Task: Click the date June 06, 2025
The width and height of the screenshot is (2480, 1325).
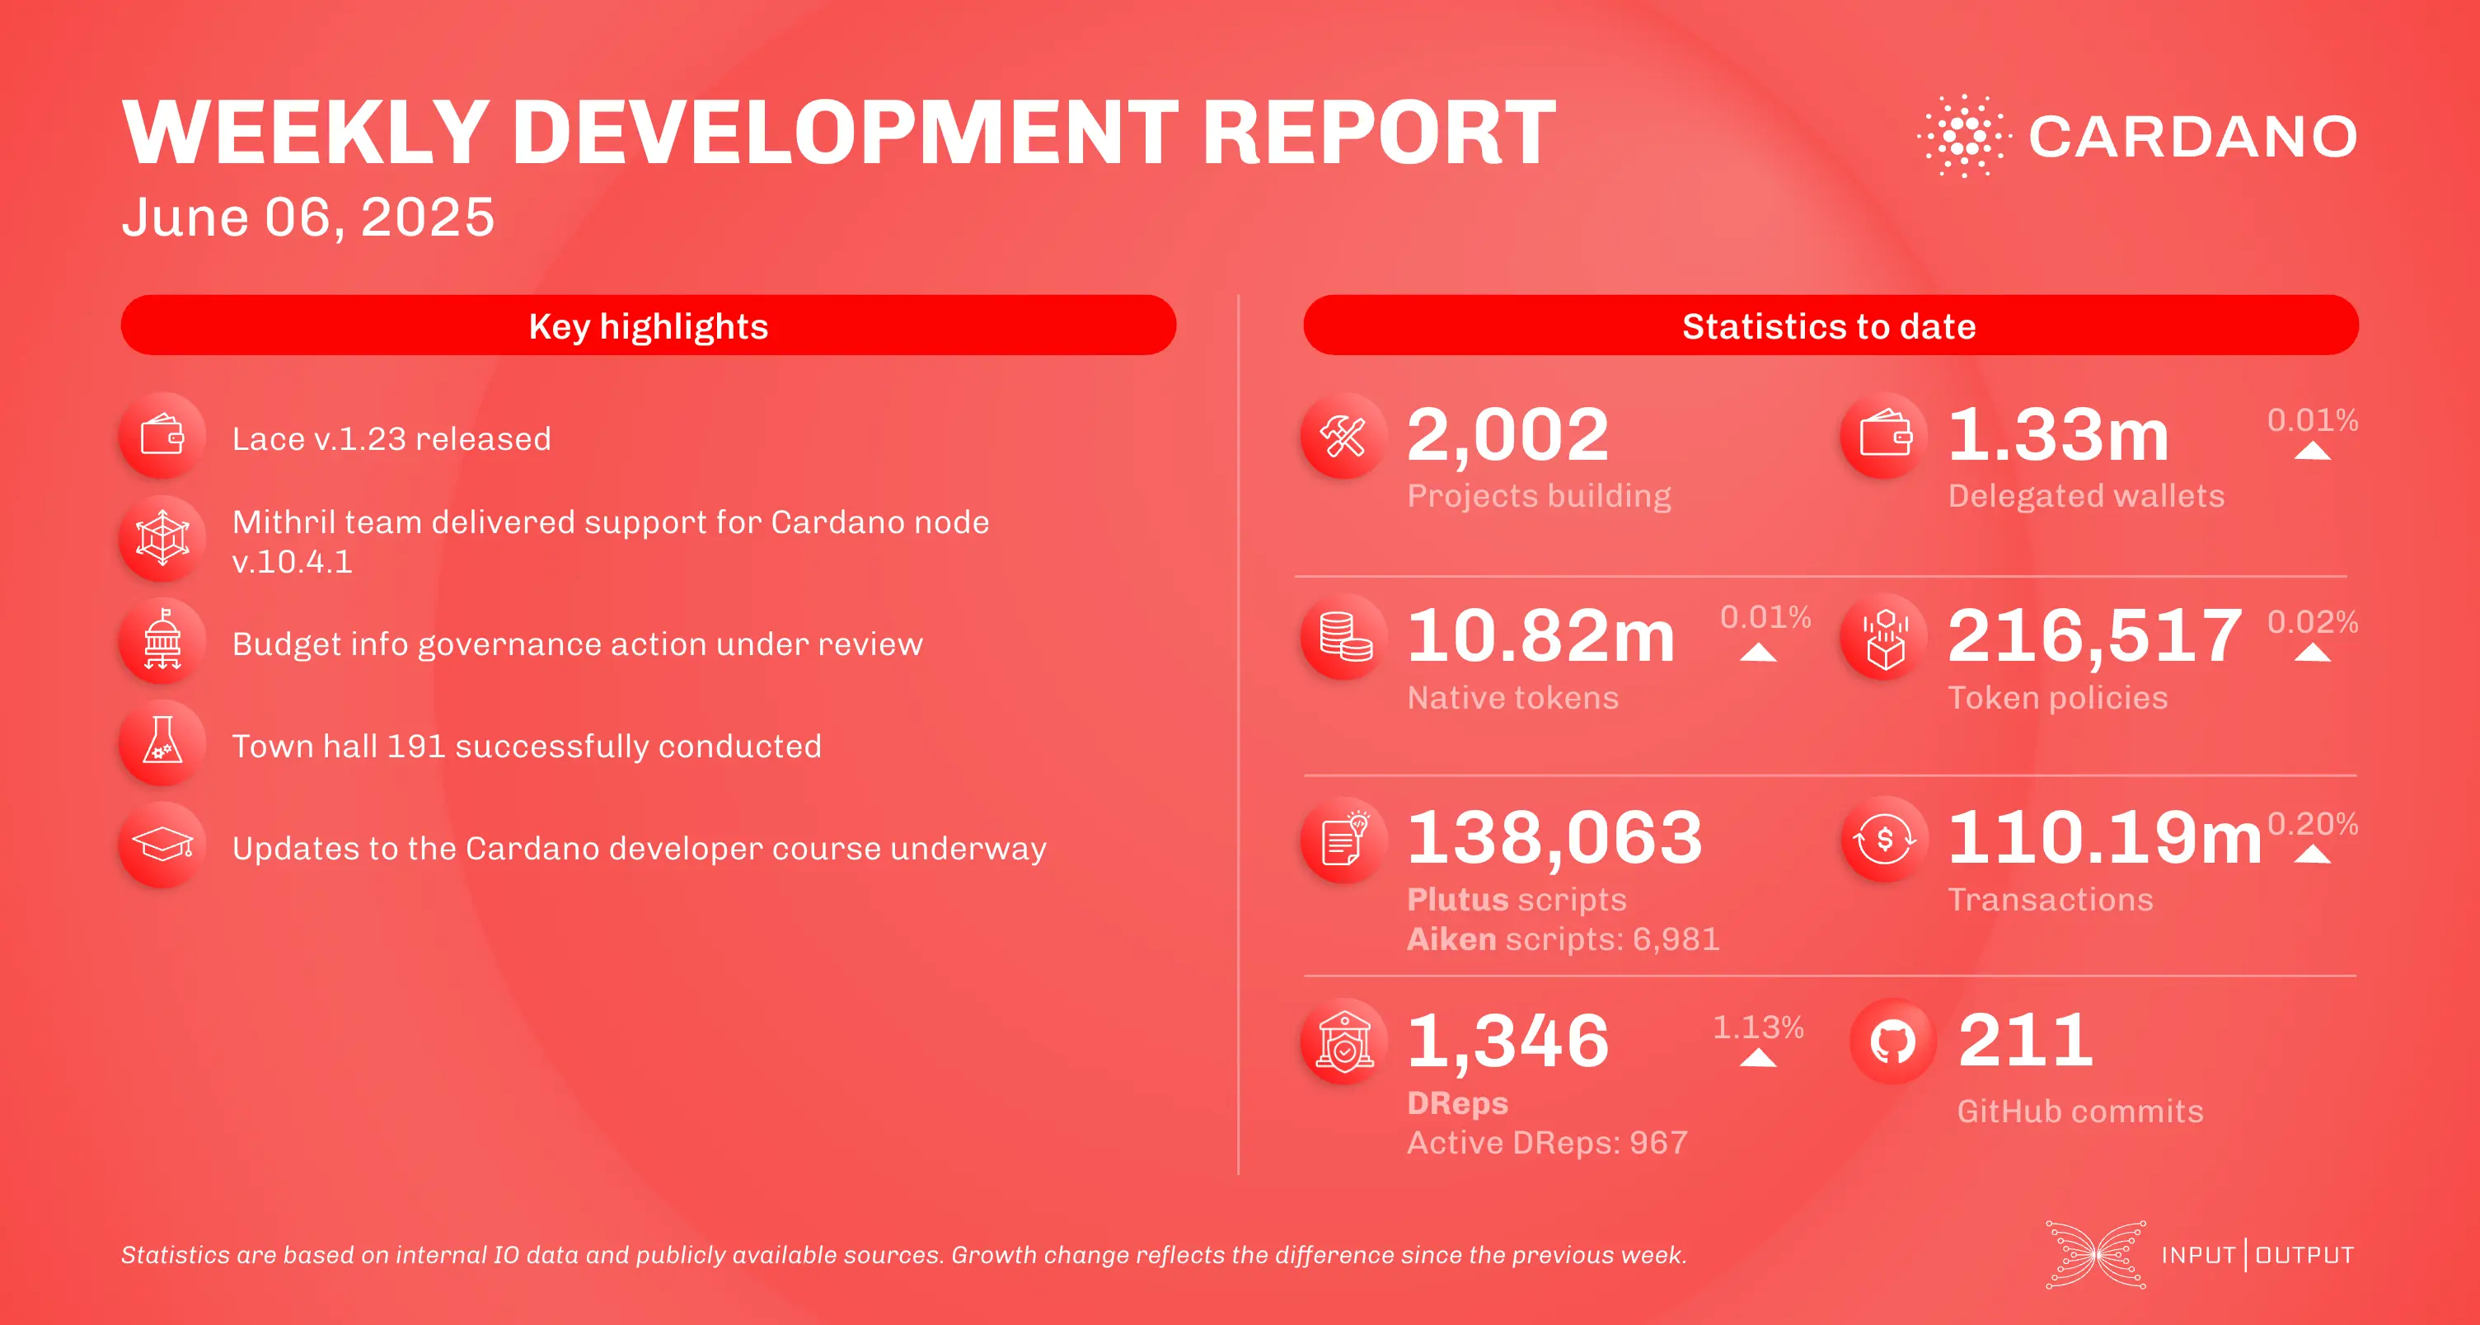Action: click(x=307, y=218)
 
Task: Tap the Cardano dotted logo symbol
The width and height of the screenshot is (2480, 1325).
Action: click(x=1963, y=136)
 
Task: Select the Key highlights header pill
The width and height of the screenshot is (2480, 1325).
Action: click(x=648, y=325)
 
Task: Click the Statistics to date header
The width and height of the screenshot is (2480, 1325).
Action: click(x=1829, y=325)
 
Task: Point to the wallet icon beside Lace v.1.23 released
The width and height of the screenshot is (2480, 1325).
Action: click(x=162, y=436)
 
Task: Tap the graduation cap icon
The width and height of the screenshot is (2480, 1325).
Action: click(x=162, y=845)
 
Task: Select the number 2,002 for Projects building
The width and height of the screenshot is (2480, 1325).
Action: click(x=1507, y=435)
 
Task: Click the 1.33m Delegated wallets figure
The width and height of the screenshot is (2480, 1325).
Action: click(x=2058, y=435)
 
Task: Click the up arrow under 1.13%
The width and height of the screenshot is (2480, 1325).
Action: click(x=1758, y=1057)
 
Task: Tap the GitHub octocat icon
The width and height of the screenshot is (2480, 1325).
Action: click(x=1892, y=1042)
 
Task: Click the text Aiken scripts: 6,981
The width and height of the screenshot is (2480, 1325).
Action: click(x=1563, y=939)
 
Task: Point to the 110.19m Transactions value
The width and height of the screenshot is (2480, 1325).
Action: click(x=2104, y=838)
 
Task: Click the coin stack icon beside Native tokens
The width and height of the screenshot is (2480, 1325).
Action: click(x=1344, y=637)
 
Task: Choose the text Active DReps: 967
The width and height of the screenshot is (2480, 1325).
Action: click(x=1547, y=1142)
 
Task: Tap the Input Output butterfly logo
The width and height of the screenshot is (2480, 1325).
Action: click(x=2096, y=1254)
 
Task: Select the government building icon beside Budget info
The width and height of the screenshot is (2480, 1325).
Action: click(x=162, y=640)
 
